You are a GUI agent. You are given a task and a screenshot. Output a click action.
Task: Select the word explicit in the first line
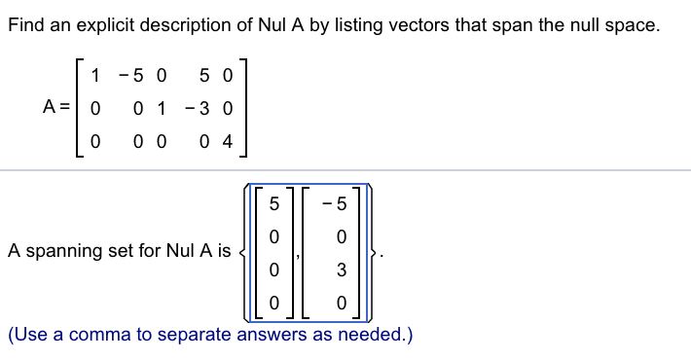point(103,26)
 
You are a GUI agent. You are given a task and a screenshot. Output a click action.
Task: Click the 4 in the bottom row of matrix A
point(228,142)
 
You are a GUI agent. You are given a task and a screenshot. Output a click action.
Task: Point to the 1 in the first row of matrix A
point(93,75)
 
